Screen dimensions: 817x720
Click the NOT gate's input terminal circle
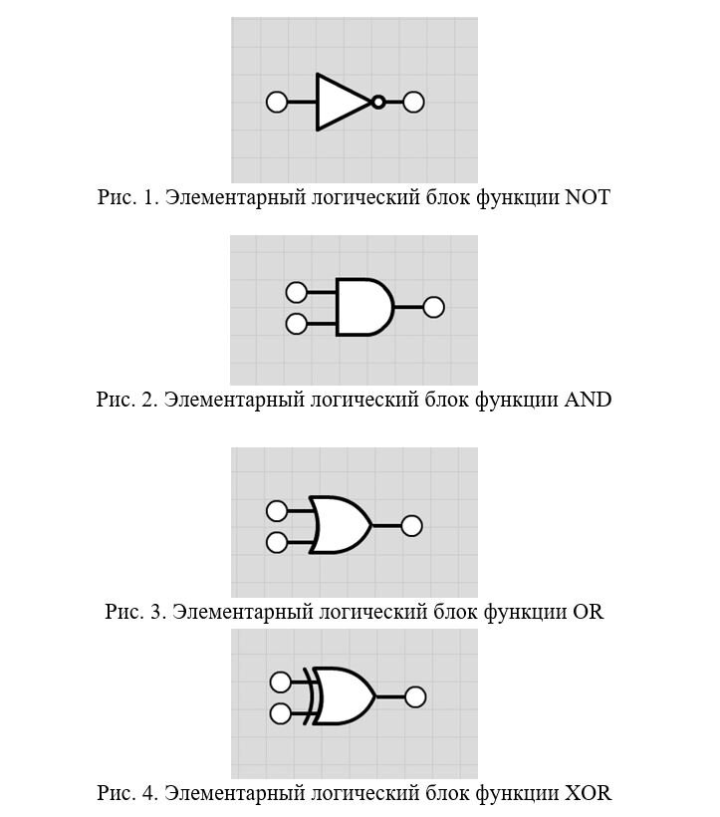coord(278,102)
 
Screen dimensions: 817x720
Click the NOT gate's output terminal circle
coord(413,102)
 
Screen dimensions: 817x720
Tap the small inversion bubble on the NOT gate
coord(378,102)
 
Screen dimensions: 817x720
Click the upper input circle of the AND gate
coord(296,292)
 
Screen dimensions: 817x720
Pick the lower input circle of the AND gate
coord(296,324)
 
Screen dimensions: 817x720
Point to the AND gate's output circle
coord(433,307)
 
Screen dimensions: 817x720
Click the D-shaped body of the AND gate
coord(361,307)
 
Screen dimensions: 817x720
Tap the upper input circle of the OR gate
coord(277,511)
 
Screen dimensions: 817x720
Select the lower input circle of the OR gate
coord(277,542)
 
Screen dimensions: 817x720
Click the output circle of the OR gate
coord(411,525)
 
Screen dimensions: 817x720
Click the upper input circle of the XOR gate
coord(281,681)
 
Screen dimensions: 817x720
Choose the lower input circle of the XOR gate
coord(281,713)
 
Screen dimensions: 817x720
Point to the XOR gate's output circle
coord(415,697)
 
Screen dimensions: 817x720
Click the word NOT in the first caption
coord(588,197)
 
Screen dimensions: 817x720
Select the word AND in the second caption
coord(589,400)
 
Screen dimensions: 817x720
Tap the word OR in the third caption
coord(589,611)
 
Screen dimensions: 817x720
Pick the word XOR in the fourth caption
coord(589,793)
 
